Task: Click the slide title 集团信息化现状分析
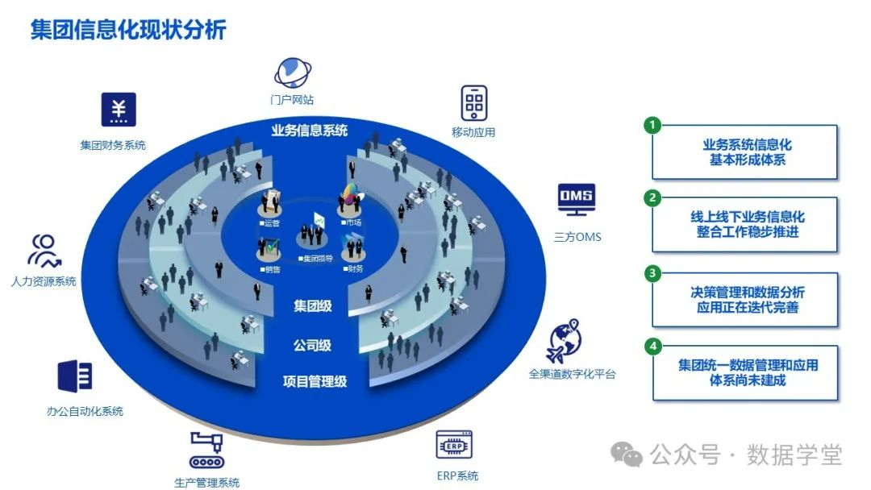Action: point(128,30)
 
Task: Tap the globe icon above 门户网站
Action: point(292,73)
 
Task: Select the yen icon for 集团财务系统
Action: point(119,110)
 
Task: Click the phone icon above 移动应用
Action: point(474,102)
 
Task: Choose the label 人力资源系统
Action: point(44,281)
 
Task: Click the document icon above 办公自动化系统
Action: point(75,376)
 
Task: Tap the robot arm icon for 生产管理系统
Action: point(207,450)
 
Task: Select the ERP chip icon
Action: point(454,444)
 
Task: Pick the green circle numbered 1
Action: point(653,126)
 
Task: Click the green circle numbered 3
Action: point(653,273)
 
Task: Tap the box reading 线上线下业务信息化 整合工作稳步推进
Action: point(747,225)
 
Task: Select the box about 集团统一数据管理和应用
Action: point(747,372)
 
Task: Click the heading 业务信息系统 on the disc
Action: point(310,131)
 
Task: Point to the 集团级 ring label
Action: point(312,306)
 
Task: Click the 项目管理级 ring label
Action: point(315,381)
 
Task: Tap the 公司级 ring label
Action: point(312,345)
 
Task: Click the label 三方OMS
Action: point(577,238)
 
